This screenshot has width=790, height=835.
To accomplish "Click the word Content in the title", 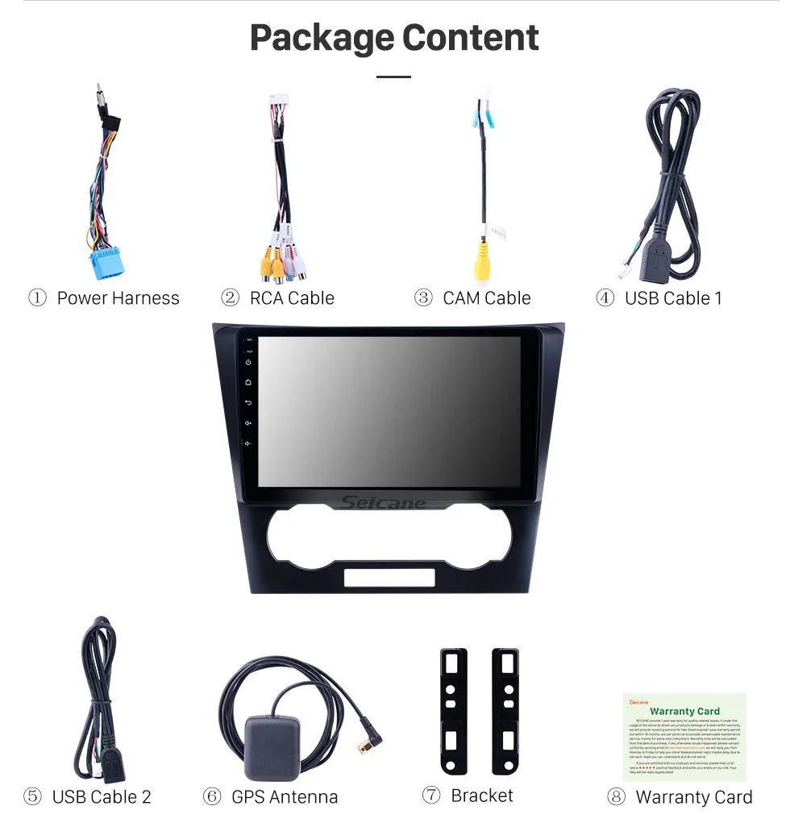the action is [x=471, y=38].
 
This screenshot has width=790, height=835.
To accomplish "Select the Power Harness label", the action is [x=118, y=298].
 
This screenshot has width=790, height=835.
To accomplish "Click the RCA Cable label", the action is [x=292, y=298].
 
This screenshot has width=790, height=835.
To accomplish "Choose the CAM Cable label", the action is [x=487, y=298].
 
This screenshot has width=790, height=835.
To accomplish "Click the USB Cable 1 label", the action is [x=673, y=298].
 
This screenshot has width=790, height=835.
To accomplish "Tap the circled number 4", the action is [x=605, y=298].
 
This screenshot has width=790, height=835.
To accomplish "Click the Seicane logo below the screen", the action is [x=384, y=503].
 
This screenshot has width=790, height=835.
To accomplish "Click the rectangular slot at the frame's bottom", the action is [x=389, y=577].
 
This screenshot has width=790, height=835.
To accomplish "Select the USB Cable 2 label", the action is [x=102, y=797].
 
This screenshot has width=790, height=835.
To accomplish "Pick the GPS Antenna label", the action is [x=285, y=797].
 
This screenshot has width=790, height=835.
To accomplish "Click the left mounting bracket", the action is [x=453, y=709].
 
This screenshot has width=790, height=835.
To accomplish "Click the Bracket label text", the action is [x=482, y=796].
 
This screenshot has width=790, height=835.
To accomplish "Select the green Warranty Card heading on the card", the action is [x=684, y=711].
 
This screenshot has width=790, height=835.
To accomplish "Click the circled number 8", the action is [x=616, y=797].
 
